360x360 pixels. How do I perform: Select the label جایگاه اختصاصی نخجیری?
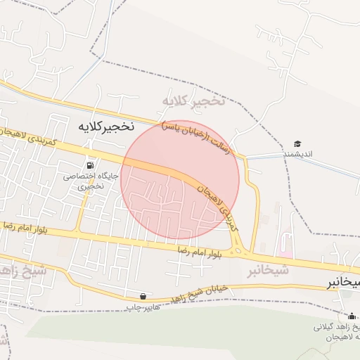(92, 181)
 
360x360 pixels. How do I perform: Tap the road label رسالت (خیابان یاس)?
(195, 130)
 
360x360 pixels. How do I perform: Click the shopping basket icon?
(144, 297)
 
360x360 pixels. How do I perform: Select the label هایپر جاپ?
(143, 307)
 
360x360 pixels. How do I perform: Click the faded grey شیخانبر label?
(268, 270)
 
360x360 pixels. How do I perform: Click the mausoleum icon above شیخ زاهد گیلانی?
(352, 316)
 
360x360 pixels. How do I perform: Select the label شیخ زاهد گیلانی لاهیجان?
(338, 333)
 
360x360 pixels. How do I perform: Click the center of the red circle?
(180, 179)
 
